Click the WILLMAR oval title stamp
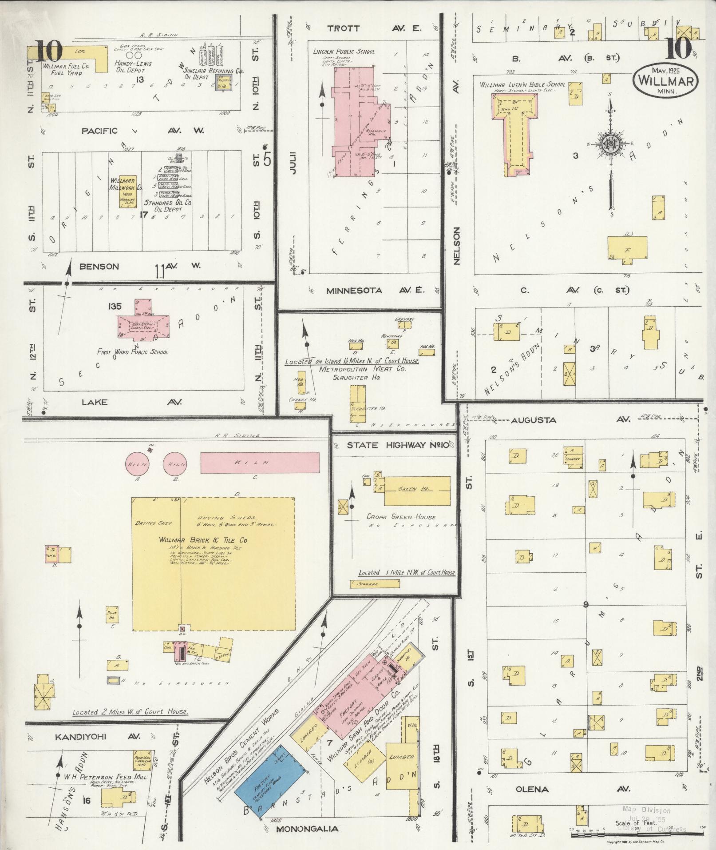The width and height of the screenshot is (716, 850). coord(666,80)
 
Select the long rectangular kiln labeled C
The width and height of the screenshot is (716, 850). coord(260,463)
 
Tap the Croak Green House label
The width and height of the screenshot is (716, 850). coord(401,517)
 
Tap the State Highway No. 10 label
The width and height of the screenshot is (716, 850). coord(397,445)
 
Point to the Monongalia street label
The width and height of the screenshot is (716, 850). coord(307,829)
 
